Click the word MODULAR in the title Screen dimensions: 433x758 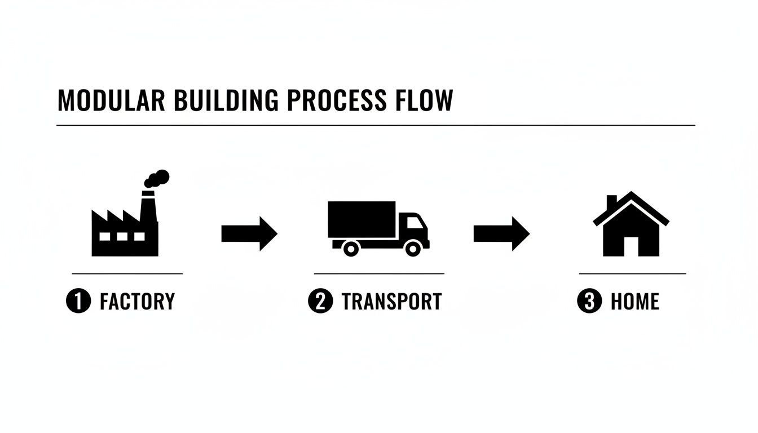tap(111, 100)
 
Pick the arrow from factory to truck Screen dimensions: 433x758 tap(249, 233)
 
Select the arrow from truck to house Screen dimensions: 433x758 tap(501, 233)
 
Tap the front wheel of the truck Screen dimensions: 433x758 tap(413, 248)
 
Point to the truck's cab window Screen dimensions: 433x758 tap(415, 222)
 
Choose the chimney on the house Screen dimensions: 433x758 tap(611, 202)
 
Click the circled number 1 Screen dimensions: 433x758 tap(78, 302)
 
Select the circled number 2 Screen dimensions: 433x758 tap(320, 302)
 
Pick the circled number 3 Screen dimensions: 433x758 tap(589, 302)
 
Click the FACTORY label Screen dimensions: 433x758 tap(137, 302)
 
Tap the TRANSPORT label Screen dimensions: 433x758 tap(391, 302)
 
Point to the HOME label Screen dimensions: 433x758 tap(634, 302)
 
